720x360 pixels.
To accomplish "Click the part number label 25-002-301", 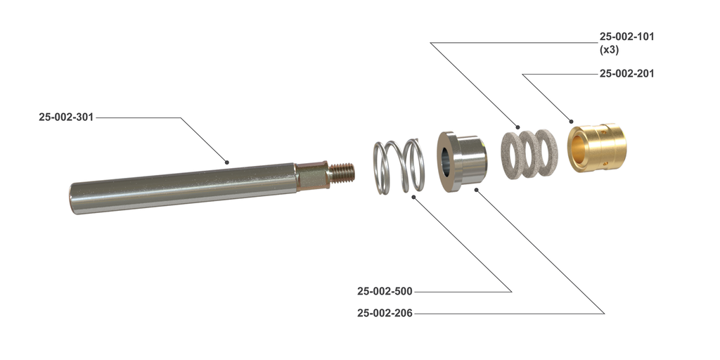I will [x=66, y=117].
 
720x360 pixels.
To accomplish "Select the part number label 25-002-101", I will [x=626, y=37].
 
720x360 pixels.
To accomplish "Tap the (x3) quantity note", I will [x=609, y=50].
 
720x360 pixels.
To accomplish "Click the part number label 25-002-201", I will [x=626, y=73].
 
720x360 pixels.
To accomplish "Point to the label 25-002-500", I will [x=385, y=291].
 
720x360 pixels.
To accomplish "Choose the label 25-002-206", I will [x=385, y=313].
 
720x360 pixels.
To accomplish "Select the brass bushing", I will [x=597, y=148].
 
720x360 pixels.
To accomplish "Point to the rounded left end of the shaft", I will [x=74, y=198].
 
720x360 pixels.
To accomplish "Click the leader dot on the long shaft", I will [x=227, y=162].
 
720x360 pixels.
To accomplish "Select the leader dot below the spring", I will [x=413, y=198].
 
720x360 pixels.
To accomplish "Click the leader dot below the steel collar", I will [x=476, y=188].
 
